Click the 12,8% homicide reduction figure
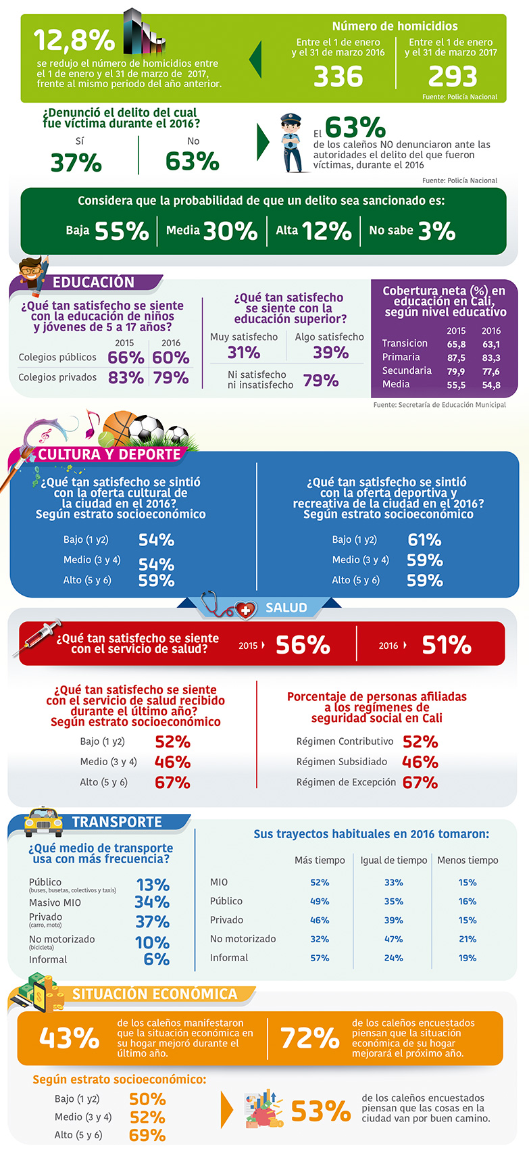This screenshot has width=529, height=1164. (74, 41)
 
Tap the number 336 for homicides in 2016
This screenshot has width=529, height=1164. (338, 76)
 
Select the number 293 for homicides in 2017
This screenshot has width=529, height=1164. (453, 76)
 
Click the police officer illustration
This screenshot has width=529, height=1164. (293, 143)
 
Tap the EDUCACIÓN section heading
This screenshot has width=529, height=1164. (94, 283)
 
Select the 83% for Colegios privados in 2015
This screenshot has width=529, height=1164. (126, 377)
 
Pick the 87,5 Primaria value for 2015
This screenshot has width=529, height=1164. (456, 358)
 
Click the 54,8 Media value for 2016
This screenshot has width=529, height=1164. (491, 385)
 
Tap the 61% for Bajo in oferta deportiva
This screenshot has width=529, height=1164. (424, 539)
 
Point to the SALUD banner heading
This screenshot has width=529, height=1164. (286, 608)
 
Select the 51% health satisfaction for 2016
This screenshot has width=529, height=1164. (446, 645)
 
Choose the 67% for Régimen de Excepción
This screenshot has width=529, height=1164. (420, 783)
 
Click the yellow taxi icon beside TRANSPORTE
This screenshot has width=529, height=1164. (43, 822)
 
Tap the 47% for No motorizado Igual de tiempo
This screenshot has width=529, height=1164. (394, 939)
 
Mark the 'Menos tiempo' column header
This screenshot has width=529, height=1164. (468, 860)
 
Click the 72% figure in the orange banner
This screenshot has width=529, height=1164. (309, 1038)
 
